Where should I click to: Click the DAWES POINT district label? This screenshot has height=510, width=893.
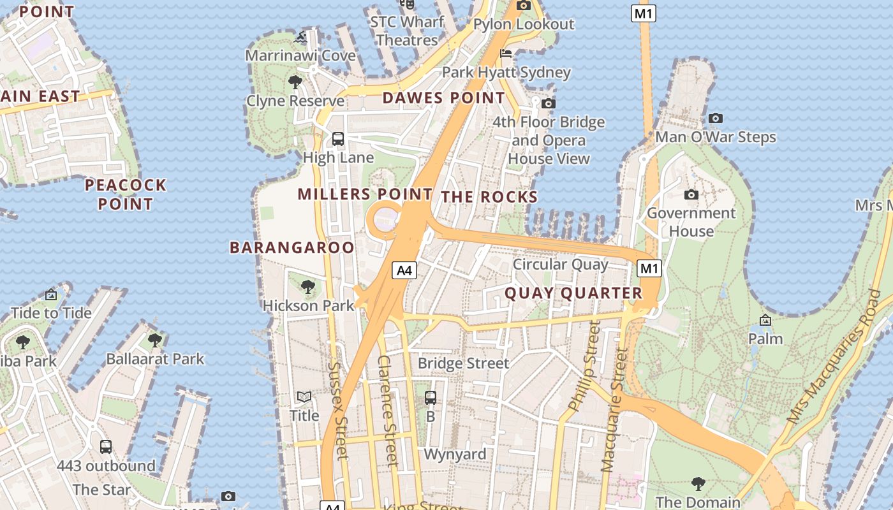(443, 98)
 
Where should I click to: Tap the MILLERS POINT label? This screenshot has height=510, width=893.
(365, 194)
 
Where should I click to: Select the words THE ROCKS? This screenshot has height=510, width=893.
(489, 197)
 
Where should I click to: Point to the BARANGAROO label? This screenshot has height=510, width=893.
(292, 247)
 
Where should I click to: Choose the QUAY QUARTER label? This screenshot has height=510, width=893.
(573, 293)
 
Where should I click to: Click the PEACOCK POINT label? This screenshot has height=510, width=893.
(126, 194)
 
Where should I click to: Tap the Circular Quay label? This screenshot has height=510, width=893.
(561, 264)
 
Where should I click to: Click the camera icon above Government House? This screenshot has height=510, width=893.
(691, 194)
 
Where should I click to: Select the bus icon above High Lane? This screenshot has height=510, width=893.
(338, 138)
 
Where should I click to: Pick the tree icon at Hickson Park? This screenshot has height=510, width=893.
(308, 287)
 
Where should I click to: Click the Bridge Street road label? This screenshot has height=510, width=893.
(463, 363)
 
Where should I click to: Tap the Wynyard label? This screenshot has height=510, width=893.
(455, 455)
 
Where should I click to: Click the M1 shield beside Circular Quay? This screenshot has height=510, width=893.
(649, 268)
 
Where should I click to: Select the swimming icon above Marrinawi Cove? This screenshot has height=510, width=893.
(300, 38)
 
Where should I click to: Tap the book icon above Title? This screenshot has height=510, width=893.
(304, 397)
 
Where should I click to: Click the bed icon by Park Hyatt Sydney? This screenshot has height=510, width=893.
(506, 53)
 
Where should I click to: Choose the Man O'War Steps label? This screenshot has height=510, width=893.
(715, 137)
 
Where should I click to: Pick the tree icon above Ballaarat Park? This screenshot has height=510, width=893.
(155, 340)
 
